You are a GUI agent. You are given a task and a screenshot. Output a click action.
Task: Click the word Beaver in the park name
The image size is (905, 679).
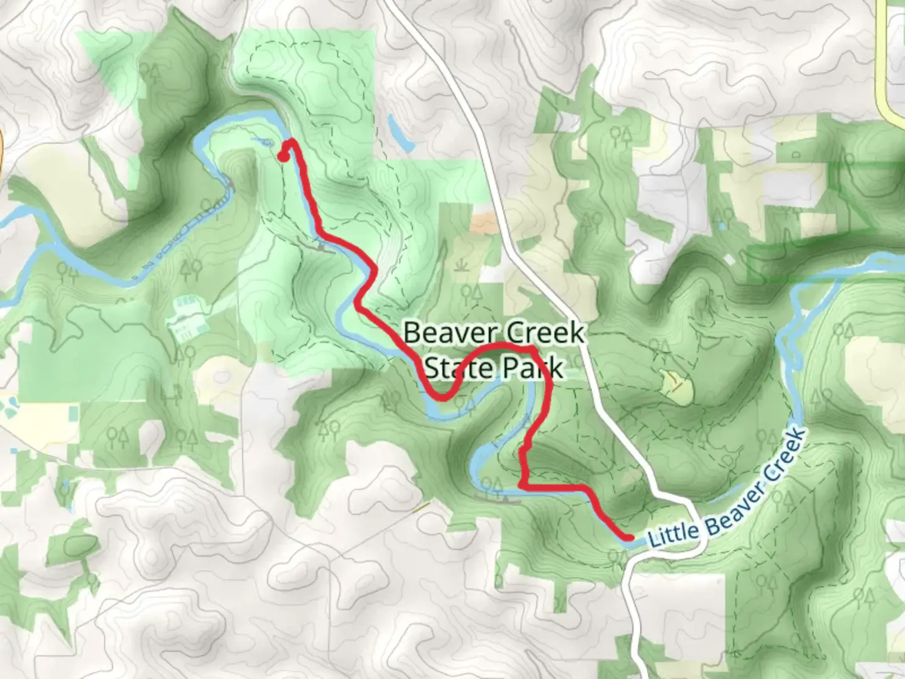pyautogui.click(x=441, y=333)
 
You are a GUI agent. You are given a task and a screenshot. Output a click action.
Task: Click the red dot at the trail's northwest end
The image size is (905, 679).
pyautogui.click(x=283, y=157)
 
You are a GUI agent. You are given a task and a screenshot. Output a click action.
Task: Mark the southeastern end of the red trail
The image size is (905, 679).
pyautogui.click(x=628, y=537)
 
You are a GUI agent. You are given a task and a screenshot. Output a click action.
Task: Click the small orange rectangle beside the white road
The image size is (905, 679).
pyautogui.click(x=483, y=221)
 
